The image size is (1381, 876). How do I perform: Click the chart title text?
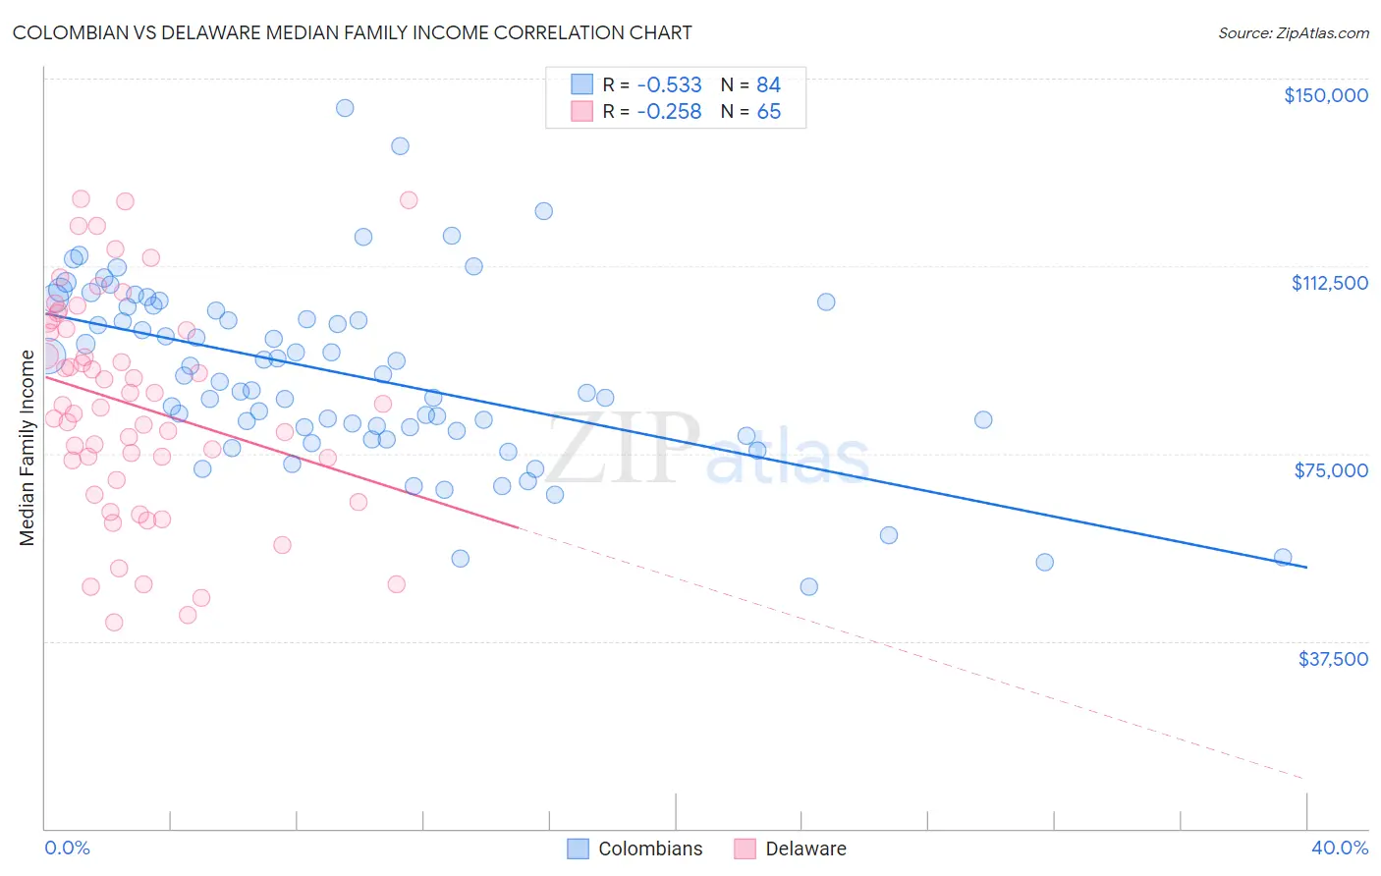click(352, 32)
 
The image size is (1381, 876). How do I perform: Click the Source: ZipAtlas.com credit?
click(1293, 32)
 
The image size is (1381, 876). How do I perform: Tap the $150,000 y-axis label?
click(1325, 95)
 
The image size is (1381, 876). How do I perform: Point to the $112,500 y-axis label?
click(1329, 283)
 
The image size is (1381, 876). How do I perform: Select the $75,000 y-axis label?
click(1330, 470)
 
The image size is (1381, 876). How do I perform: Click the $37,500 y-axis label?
click(1332, 658)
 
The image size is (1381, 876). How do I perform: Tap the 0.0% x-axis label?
click(67, 848)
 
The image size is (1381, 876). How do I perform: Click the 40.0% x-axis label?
click(1339, 848)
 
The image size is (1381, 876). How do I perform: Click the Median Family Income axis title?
click(27, 448)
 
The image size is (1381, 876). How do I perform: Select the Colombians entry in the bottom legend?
click(650, 849)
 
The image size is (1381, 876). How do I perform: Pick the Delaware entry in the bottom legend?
click(805, 849)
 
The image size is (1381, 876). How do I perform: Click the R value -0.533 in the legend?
click(669, 85)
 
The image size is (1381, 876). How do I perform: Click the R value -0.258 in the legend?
click(669, 112)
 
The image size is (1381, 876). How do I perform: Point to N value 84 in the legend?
click(768, 85)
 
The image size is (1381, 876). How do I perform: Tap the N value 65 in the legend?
click(768, 112)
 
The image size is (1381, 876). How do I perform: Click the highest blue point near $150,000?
click(345, 108)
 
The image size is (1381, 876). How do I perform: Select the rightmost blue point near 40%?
click(1283, 557)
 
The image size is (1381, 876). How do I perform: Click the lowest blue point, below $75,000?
click(809, 586)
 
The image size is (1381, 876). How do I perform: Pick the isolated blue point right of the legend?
click(826, 301)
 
